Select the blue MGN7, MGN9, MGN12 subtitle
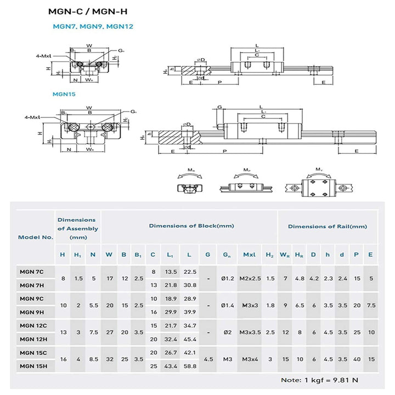click(x=93, y=26)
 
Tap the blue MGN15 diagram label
click(x=64, y=94)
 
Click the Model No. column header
click(x=36, y=237)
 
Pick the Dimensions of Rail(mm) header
click(x=328, y=226)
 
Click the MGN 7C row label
click(x=32, y=272)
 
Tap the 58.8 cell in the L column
click(x=190, y=365)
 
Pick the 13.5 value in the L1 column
click(x=171, y=272)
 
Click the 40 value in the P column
click(x=357, y=359)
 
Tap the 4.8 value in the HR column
click(x=300, y=279)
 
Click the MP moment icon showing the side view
click(x=247, y=185)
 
